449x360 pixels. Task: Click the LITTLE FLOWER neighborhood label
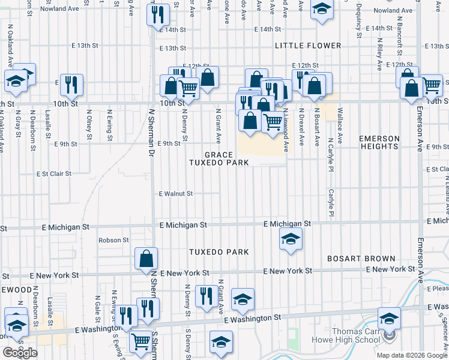[308, 46]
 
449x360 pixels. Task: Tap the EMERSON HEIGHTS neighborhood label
[379, 143]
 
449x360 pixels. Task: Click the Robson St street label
[114, 240]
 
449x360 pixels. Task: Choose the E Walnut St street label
[176, 194]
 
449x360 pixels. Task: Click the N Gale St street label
[96, 307]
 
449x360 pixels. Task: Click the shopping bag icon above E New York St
[146, 259]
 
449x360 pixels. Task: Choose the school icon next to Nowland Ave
[321, 9]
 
